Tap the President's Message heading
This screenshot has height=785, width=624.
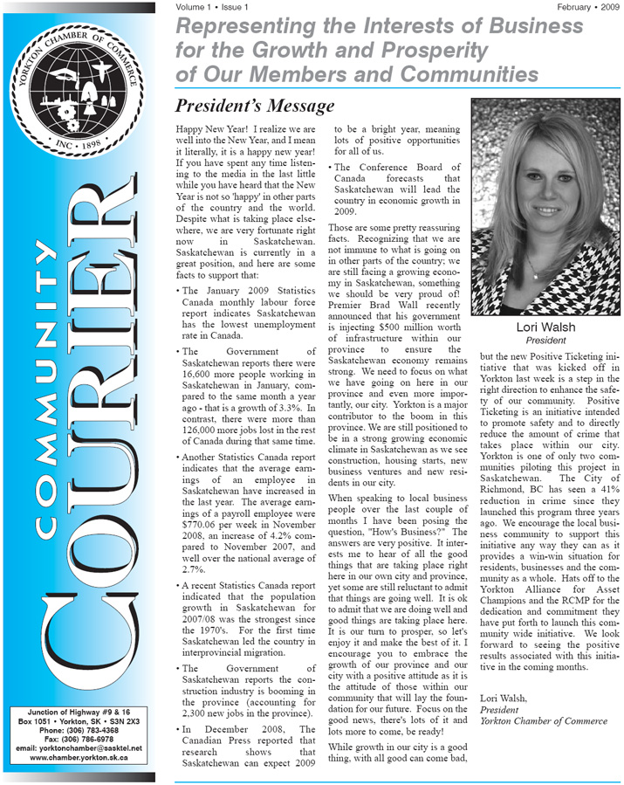[x=255, y=107]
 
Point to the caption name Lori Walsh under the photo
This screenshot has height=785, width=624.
[x=545, y=327]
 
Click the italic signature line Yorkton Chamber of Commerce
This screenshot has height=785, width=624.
[x=544, y=721]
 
